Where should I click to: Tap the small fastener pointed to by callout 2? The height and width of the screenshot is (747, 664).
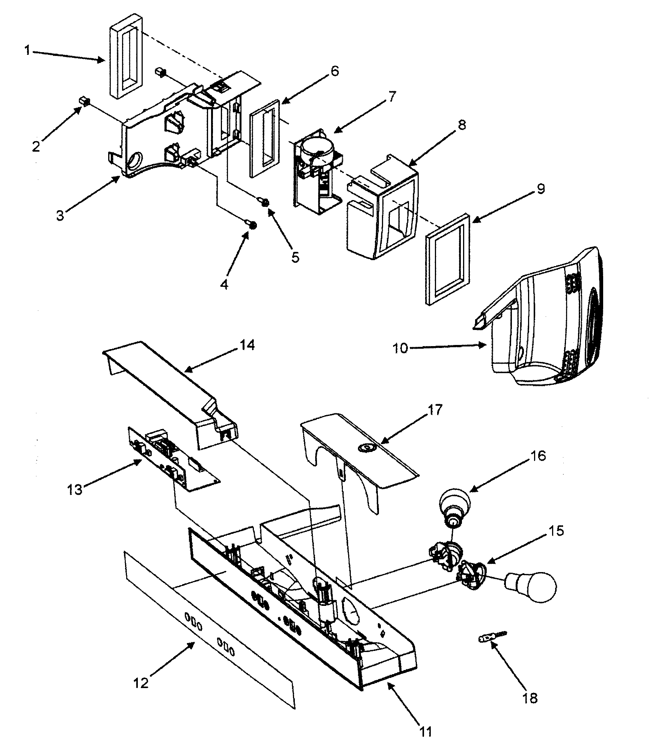[84, 101]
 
